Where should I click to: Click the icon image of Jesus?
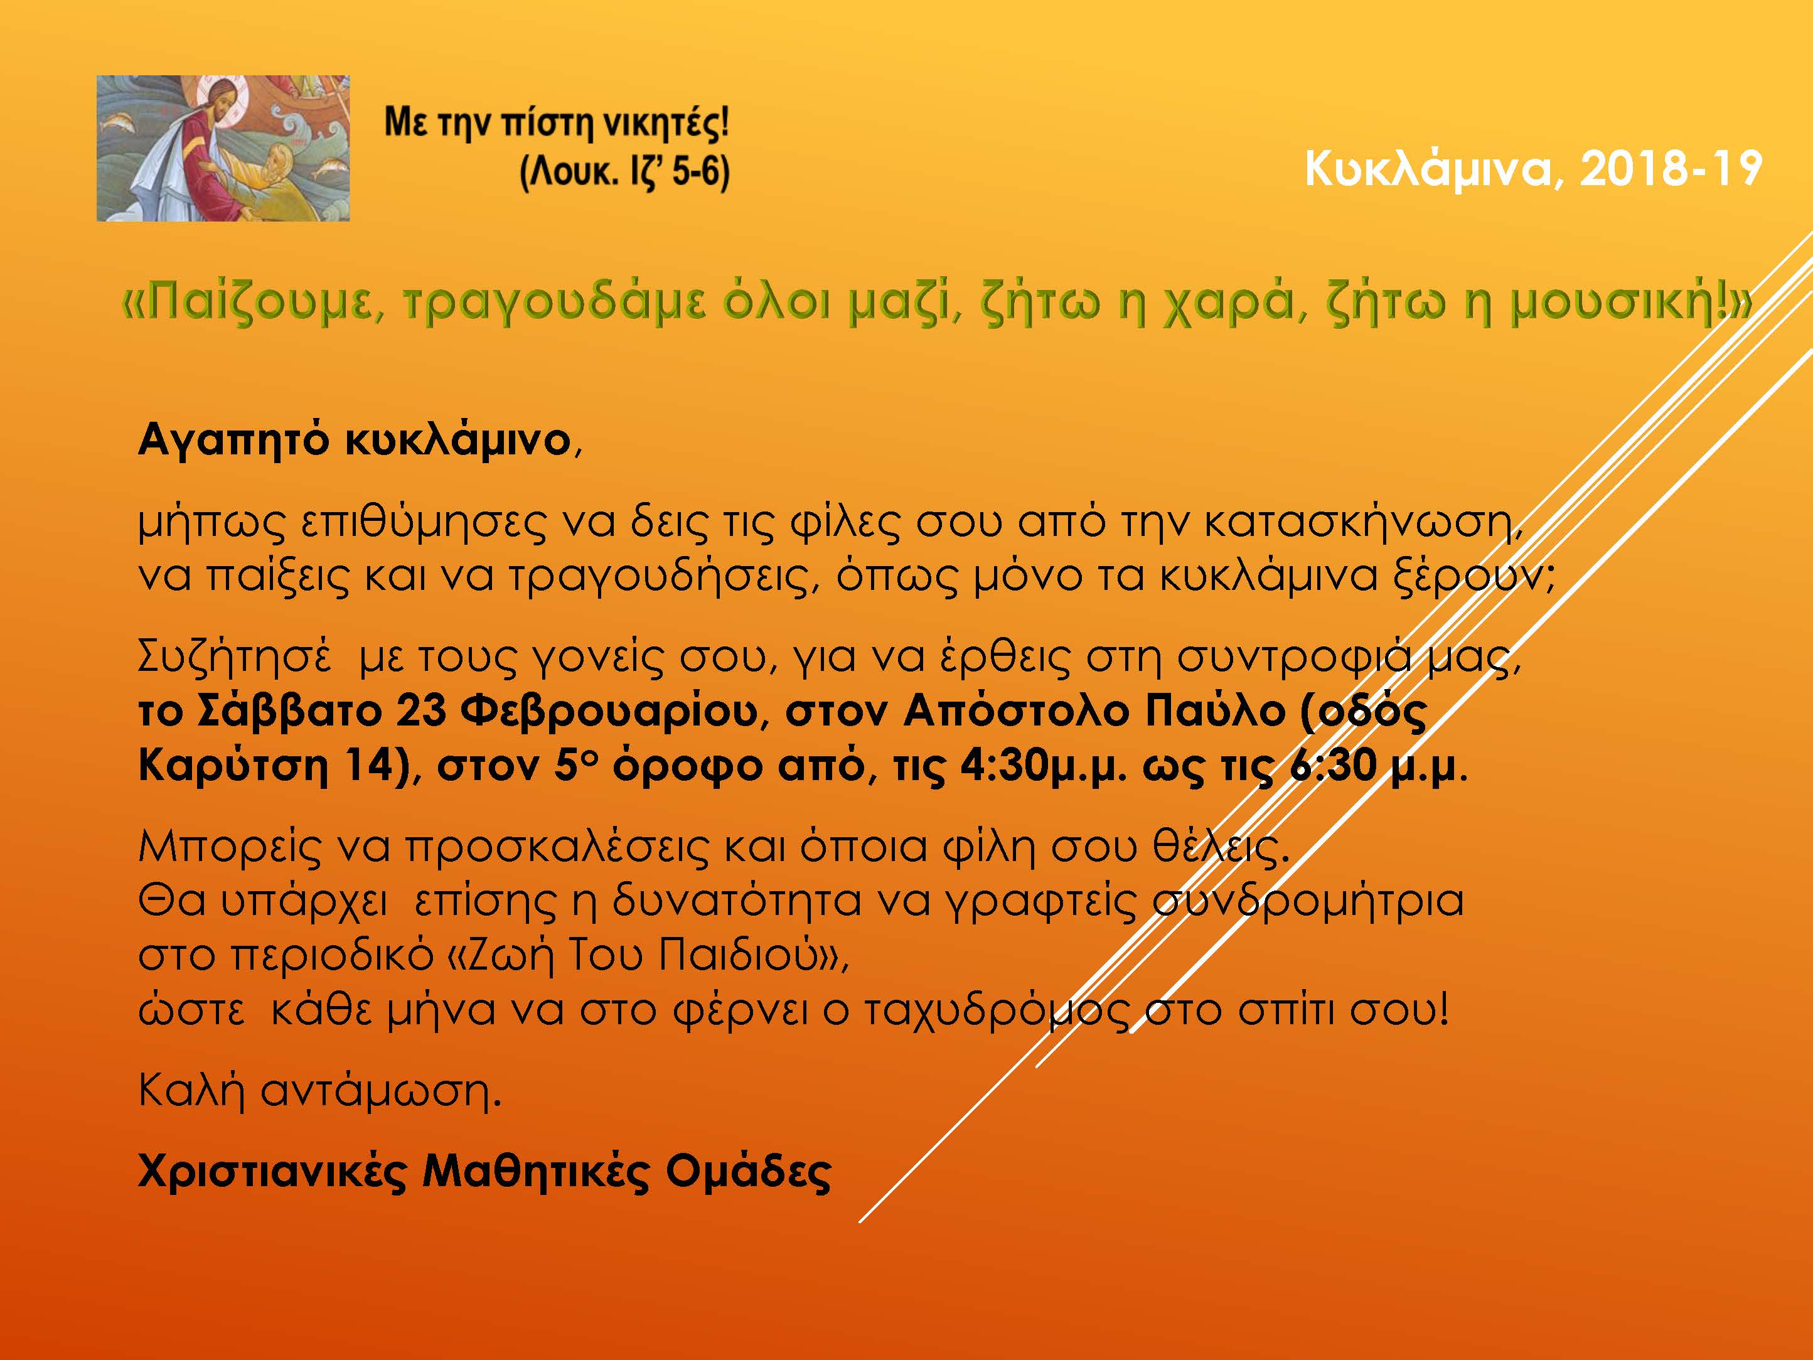(223, 148)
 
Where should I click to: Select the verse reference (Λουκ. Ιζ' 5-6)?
(624, 173)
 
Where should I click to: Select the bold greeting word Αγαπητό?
(233, 440)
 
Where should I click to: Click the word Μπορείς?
(230, 846)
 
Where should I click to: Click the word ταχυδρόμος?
(997, 1010)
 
